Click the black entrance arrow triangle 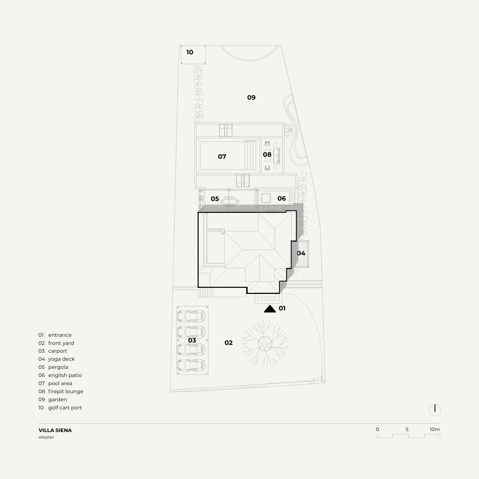point(270,309)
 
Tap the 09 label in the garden point(251,97)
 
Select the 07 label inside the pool point(222,157)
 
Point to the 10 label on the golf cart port point(190,52)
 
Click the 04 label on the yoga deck point(301,253)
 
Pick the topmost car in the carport point(191,316)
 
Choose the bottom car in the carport point(191,365)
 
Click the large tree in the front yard point(265,344)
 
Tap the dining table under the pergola point(230,201)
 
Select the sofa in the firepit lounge point(277,156)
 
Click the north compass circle point(435,410)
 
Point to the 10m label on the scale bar point(434,429)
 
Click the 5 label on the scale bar point(407,429)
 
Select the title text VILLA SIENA point(55,430)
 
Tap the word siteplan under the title point(46,437)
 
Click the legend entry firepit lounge point(66,392)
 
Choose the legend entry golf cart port point(65,408)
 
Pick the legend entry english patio point(65,375)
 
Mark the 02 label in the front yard point(228,343)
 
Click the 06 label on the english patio point(282,198)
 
